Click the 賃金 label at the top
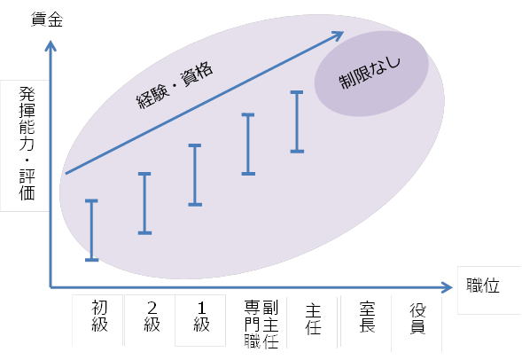coord(47,20)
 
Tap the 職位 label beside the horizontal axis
coord(483,286)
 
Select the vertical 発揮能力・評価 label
coord(27,144)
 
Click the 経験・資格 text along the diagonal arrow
coord(175,86)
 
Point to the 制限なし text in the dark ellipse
coord(370,73)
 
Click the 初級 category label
coord(99,316)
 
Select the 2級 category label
coord(152,317)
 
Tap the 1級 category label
coord(201,317)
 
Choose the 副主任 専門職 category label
coord(261,324)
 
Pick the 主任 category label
coord(313,319)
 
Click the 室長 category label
coord(367,317)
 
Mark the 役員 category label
coord(417,318)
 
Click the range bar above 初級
coord(91,231)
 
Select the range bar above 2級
coord(144,203)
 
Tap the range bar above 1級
coord(195,175)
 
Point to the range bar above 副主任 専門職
coord(248,144)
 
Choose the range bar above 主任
coord(297,121)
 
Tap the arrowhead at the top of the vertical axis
coord(51,46)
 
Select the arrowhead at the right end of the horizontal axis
coord(447,287)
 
